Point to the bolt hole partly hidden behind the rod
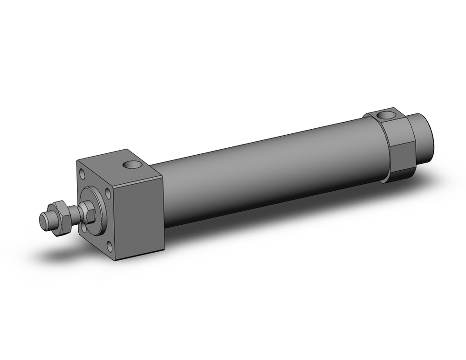point(84,228)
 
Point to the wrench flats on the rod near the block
point(89,213)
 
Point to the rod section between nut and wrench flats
point(75,216)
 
